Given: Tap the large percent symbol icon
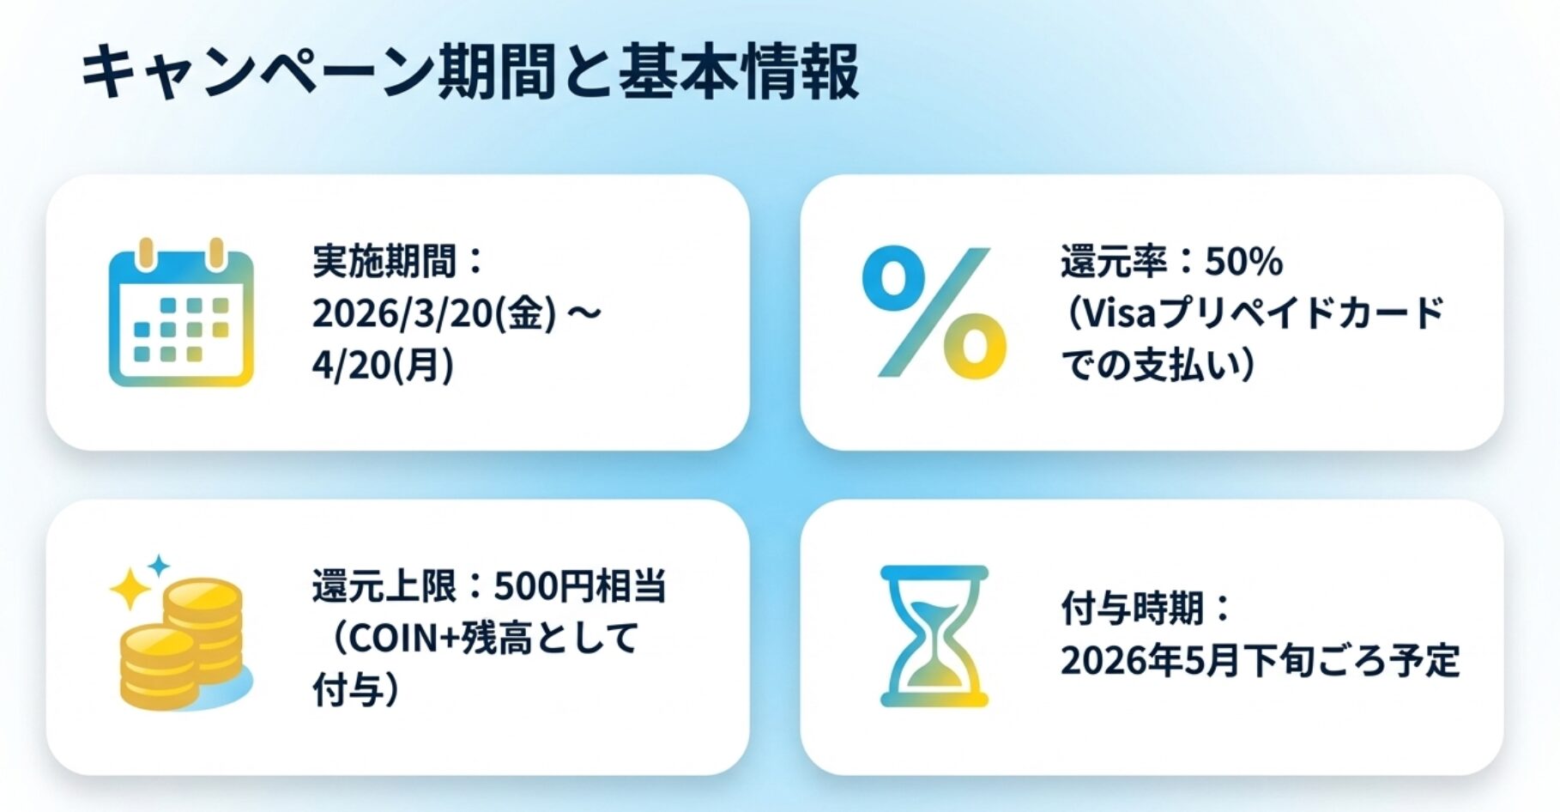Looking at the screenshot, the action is click(934, 312).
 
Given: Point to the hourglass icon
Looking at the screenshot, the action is click(934, 636).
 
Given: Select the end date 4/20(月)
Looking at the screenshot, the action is click(383, 365).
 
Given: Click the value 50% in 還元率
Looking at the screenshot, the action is click(1243, 261).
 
